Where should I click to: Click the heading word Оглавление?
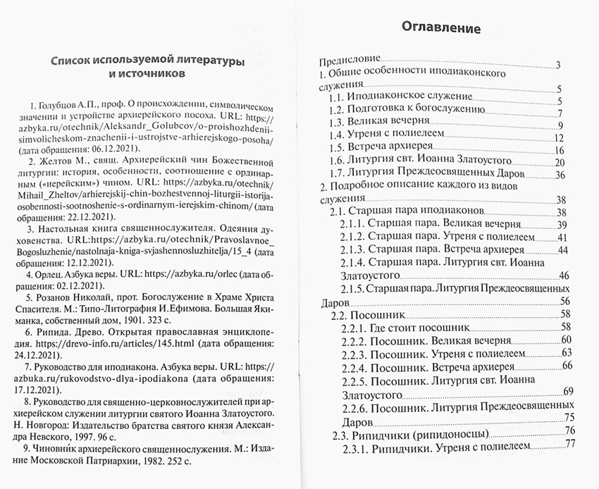click(x=440, y=29)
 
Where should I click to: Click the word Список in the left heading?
click(x=75, y=61)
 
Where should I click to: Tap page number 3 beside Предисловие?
click(x=557, y=66)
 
